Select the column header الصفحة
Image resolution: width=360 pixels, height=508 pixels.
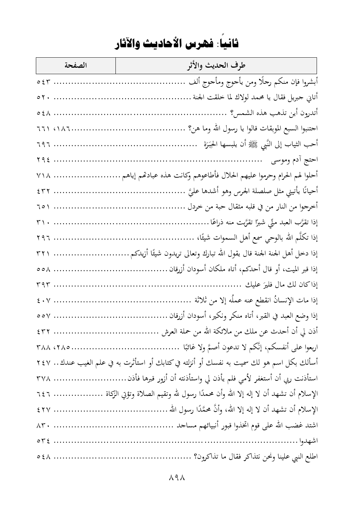[76, 66]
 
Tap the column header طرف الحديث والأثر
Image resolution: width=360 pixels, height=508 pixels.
[217, 66]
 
